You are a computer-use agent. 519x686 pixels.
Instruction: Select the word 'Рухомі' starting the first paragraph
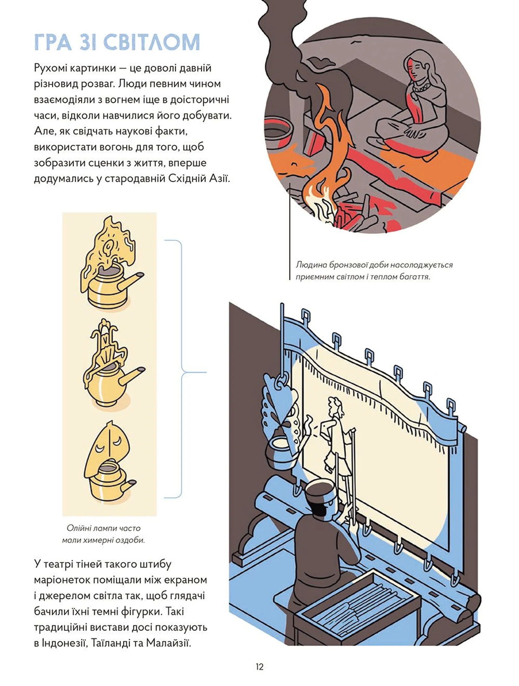point(50,68)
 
